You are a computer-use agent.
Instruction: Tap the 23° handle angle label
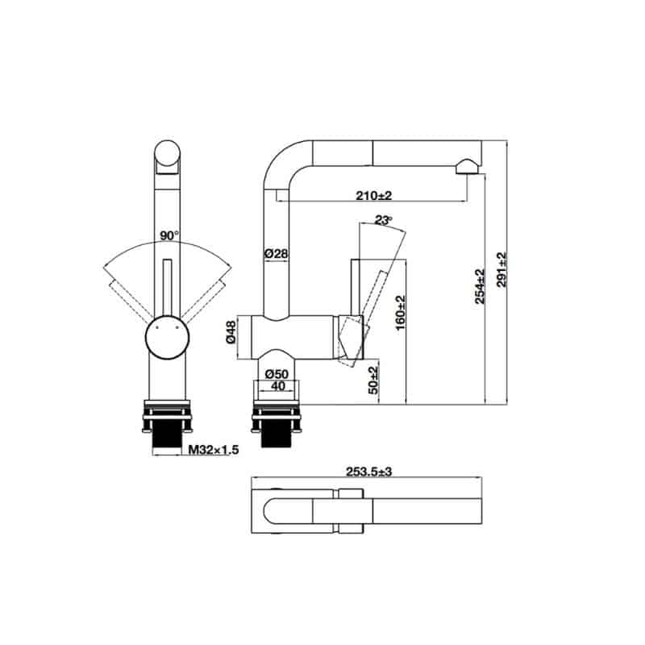[x=383, y=220]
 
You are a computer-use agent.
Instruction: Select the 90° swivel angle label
[x=168, y=235]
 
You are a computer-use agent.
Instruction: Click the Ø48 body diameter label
[x=231, y=334]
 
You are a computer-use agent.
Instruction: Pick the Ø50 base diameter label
[x=277, y=374]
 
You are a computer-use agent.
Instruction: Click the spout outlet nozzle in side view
[x=466, y=166]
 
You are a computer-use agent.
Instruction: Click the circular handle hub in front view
[x=168, y=336]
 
